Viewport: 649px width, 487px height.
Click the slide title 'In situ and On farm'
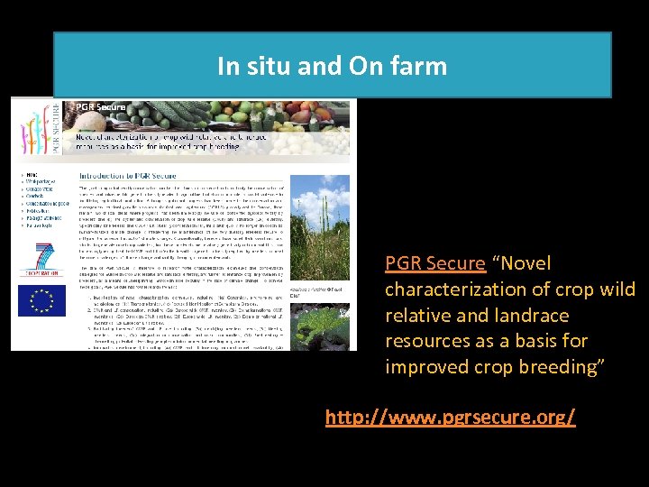coord(332,66)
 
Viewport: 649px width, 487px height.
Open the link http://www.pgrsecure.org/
coord(450,418)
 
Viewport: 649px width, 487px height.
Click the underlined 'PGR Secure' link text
coord(434,263)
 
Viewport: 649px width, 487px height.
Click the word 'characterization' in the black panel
coord(458,289)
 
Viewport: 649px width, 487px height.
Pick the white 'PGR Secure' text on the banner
coord(100,107)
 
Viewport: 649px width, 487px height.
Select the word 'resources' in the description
coord(424,342)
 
